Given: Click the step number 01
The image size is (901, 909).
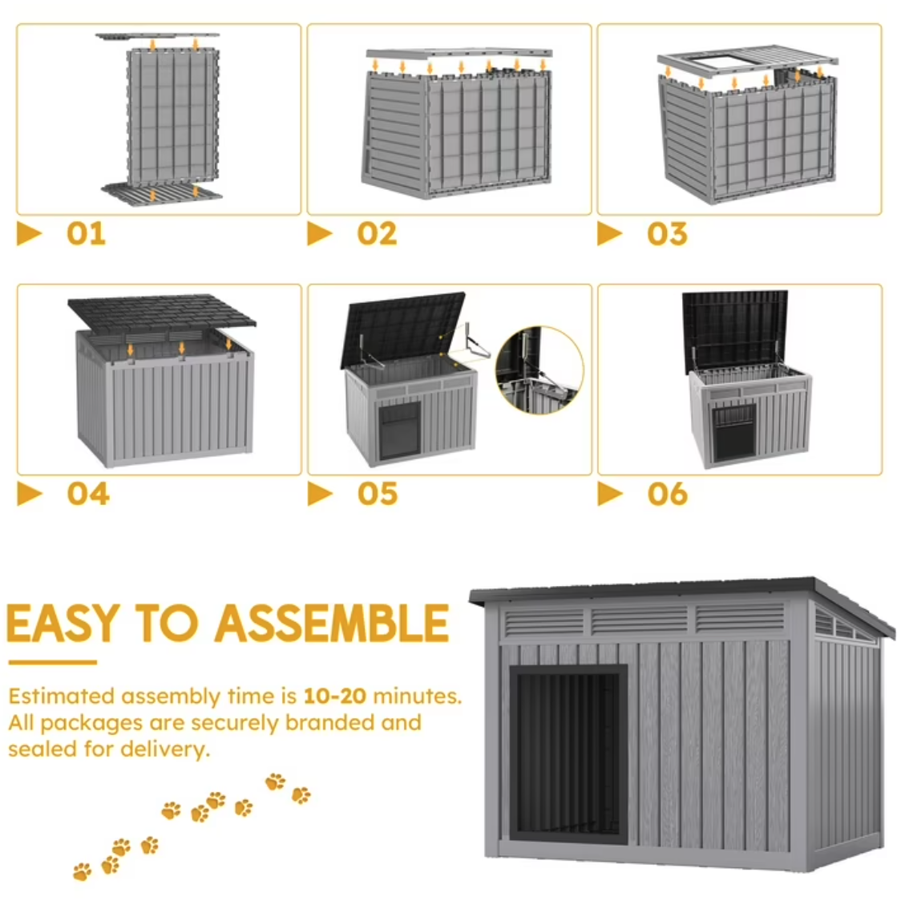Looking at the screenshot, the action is (x=87, y=233).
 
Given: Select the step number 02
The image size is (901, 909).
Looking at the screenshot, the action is (x=377, y=233).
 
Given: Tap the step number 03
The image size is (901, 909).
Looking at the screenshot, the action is (x=668, y=233).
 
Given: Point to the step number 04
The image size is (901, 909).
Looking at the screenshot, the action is (x=87, y=494).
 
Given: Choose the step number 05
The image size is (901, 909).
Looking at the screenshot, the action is (x=378, y=494).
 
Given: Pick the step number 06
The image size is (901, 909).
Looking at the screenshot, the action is (x=668, y=494).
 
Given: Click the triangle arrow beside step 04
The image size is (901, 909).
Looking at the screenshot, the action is (x=30, y=494).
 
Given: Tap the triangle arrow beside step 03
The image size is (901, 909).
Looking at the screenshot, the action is (x=610, y=233).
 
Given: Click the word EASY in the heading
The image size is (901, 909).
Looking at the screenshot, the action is (x=63, y=623).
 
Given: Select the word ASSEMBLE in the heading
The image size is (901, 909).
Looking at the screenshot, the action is (x=332, y=623).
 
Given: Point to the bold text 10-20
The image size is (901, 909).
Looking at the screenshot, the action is (x=334, y=696).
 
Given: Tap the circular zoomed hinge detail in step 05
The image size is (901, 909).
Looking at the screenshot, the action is (x=539, y=370).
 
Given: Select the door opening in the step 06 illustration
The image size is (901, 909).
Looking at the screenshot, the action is (x=734, y=432).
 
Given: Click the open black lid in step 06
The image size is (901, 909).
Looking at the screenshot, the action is (x=734, y=330).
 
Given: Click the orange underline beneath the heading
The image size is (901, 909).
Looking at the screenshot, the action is (x=52, y=662).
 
